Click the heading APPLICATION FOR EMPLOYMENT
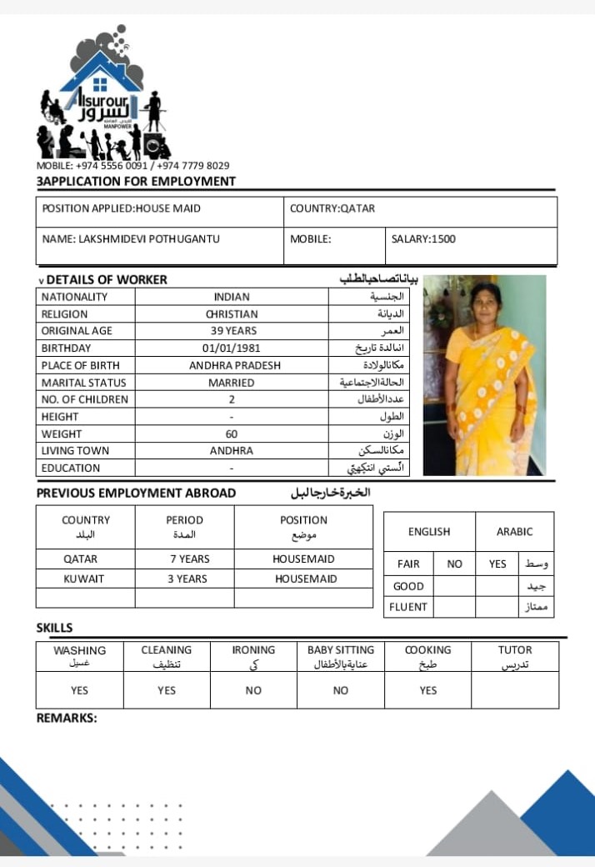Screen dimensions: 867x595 tap(137, 181)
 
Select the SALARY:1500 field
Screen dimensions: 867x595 tap(423, 239)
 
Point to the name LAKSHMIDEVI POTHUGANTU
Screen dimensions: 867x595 tap(131, 239)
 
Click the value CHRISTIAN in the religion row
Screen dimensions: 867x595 tap(232, 314)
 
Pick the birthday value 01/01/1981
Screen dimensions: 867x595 tap(231, 348)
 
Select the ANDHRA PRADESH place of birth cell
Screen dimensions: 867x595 tap(234, 365)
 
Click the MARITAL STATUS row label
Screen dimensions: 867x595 tap(83, 383)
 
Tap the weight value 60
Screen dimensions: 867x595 tap(231, 433)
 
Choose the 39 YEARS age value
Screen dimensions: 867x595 tap(232, 331)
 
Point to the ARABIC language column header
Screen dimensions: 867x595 tap(514, 532)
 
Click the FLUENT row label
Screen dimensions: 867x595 tap(408, 607)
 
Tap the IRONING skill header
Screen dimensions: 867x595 tap(253, 650)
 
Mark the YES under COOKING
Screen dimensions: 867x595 tap(428, 690)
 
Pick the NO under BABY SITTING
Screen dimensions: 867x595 tap(341, 690)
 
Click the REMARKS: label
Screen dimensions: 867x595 tap(67, 718)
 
